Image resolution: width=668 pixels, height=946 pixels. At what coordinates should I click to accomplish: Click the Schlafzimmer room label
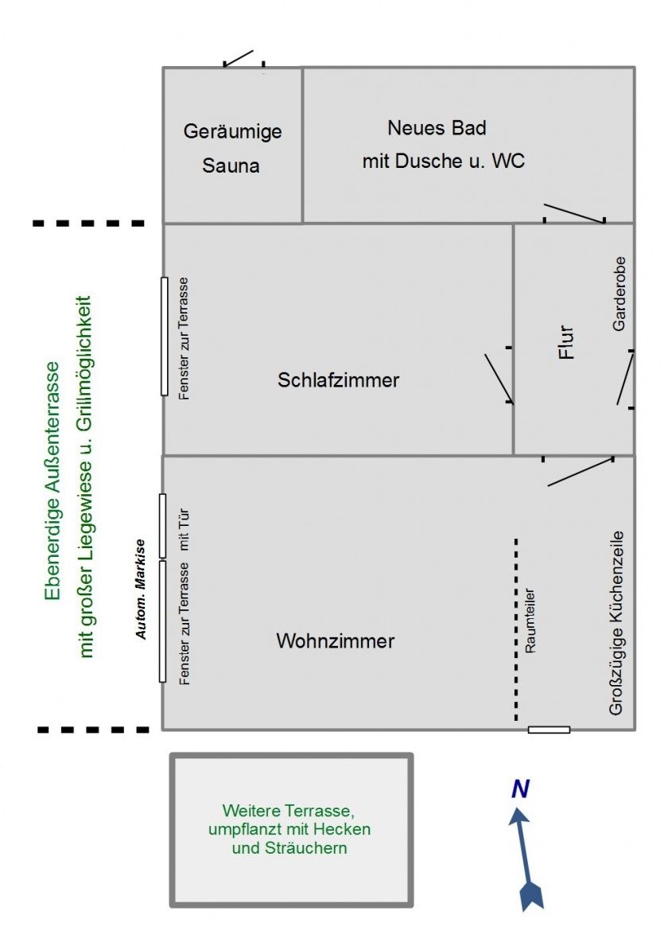[x=338, y=380]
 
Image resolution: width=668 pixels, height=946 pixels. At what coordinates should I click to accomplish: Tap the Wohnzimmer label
[x=335, y=640]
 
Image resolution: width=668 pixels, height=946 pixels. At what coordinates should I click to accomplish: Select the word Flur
[x=566, y=341]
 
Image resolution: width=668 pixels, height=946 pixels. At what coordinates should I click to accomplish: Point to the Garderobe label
[x=619, y=294]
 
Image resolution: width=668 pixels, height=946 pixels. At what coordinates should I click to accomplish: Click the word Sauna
[x=231, y=166]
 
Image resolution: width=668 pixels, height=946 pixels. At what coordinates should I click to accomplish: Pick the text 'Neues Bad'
[x=437, y=127]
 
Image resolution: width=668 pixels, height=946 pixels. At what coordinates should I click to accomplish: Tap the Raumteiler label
[x=531, y=621]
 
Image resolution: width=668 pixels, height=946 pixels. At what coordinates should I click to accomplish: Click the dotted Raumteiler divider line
[x=516, y=629]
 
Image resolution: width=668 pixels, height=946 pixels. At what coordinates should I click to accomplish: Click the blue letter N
[x=520, y=789]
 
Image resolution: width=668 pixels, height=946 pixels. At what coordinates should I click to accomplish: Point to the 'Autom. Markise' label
[x=141, y=589]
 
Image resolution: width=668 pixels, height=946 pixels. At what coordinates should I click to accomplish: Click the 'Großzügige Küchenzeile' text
[x=617, y=623]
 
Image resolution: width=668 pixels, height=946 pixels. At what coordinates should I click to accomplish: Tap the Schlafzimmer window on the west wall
[x=165, y=336]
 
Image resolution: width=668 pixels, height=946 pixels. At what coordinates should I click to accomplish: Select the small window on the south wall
[x=549, y=730]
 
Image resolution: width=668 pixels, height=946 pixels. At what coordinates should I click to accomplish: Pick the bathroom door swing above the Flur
[x=574, y=213]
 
